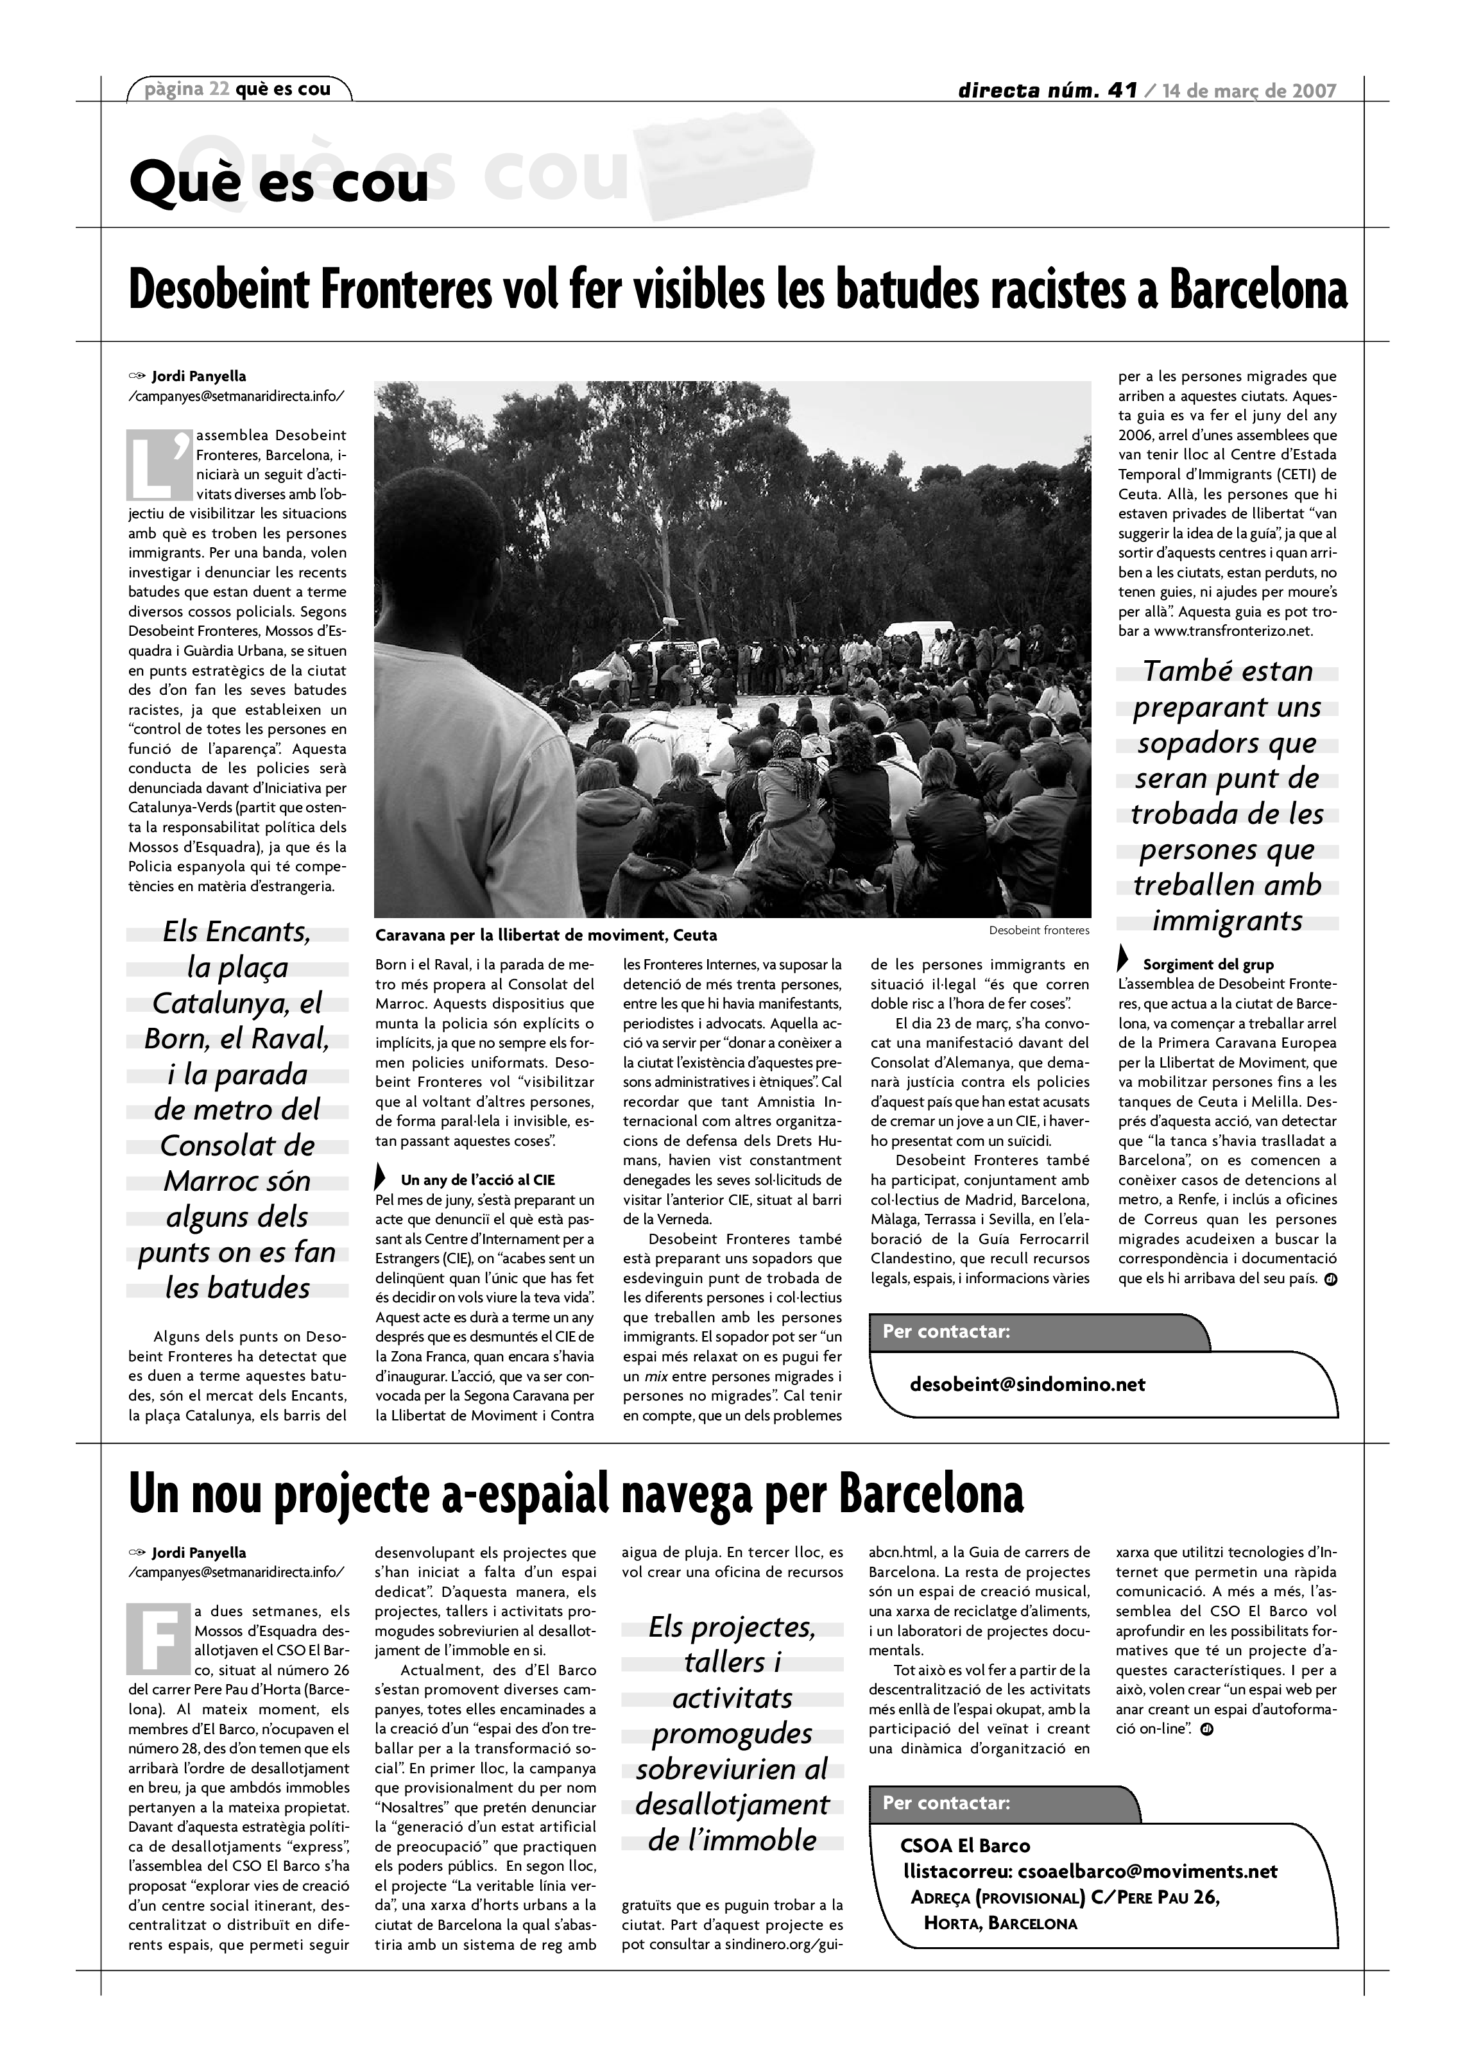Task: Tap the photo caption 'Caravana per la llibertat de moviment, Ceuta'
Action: click(546, 935)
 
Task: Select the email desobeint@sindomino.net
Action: click(1027, 1385)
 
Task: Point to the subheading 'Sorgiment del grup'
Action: click(1208, 964)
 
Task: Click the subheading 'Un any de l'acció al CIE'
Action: click(477, 1180)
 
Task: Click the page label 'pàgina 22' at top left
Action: click(187, 89)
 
